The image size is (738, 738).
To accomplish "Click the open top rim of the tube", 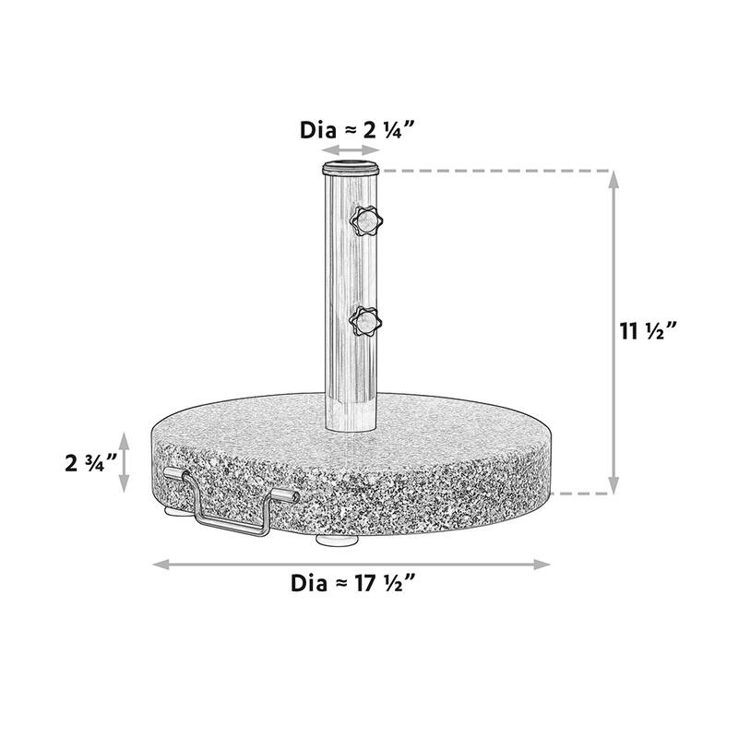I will click(351, 169).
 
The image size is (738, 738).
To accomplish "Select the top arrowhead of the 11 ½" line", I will click(614, 178).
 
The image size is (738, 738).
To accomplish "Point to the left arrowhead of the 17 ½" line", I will click(157, 563).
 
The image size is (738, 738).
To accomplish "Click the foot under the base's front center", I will click(334, 540).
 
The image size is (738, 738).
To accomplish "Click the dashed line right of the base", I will click(581, 494).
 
